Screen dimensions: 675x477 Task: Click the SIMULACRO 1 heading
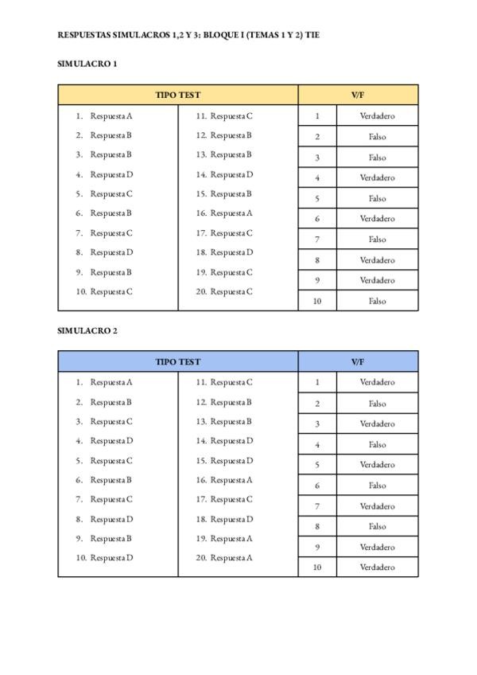click(87, 64)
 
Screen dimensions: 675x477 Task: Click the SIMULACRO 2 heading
click(87, 330)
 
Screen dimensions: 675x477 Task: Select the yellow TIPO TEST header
click(178, 95)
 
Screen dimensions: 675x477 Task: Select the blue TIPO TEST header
click(178, 361)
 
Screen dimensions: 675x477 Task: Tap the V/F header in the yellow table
click(358, 95)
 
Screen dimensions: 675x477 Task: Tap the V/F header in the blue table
click(358, 361)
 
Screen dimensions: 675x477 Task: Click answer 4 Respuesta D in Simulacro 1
click(111, 174)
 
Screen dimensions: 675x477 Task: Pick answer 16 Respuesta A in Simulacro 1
click(231, 213)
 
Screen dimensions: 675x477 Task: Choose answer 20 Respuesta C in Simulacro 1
click(231, 291)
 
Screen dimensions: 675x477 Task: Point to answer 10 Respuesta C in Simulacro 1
click(111, 291)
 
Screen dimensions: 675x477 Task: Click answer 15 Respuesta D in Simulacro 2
click(231, 460)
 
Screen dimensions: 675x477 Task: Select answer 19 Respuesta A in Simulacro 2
click(231, 538)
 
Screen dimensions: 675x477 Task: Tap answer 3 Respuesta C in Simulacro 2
click(111, 421)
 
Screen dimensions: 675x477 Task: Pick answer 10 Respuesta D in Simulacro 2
click(111, 558)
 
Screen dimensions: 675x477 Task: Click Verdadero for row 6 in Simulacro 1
click(377, 219)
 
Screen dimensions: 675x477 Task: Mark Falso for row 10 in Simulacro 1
click(377, 301)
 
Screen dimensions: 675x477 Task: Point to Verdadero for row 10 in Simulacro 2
click(377, 568)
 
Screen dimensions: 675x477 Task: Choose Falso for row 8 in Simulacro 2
click(377, 526)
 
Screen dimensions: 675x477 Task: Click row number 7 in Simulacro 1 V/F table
click(317, 239)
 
